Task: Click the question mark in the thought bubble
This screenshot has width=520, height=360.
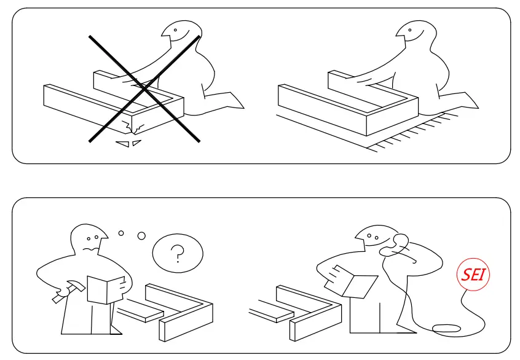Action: coord(178,253)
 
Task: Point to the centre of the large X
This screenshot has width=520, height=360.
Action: coord(145,89)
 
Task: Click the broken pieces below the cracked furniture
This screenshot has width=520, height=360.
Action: coord(130,144)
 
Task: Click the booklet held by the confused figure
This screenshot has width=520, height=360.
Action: coord(106,289)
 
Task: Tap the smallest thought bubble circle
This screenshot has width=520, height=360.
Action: coord(121,233)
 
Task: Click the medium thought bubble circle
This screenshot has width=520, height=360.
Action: coord(141,235)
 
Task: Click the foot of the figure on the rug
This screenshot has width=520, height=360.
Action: coord(464,101)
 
